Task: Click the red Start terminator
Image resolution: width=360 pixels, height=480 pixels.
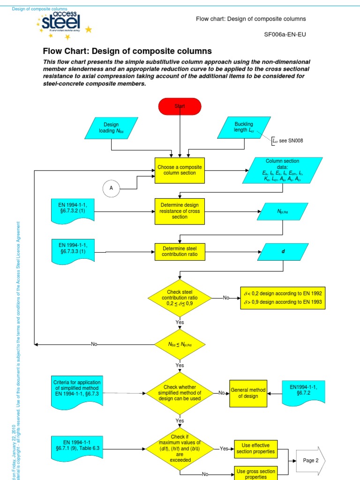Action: tap(180, 106)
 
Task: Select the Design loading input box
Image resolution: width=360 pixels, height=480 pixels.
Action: tap(111, 127)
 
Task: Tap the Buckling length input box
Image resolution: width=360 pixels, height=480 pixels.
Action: tap(244, 127)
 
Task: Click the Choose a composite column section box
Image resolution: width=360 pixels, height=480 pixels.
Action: tap(180, 170)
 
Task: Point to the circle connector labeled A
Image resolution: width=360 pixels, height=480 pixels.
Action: tap(111, 188)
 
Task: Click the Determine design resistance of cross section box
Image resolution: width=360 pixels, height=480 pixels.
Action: tap(180, 211)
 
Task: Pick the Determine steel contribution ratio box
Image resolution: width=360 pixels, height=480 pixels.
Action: tap(180, 251)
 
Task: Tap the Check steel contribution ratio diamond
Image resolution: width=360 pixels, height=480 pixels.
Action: tap(180, 298)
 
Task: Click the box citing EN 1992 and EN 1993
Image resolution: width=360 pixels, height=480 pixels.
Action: tap(282, 298)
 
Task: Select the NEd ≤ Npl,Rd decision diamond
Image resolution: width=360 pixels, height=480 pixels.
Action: tap(180, 345)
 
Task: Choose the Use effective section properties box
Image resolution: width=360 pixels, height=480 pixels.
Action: tap(255, 449)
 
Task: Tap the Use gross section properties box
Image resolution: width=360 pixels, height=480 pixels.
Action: tap(255, 473)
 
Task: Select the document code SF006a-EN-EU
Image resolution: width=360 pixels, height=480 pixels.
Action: tap(285, 34)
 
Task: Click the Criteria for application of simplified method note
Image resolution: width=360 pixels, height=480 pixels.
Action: tap(76, 390)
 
